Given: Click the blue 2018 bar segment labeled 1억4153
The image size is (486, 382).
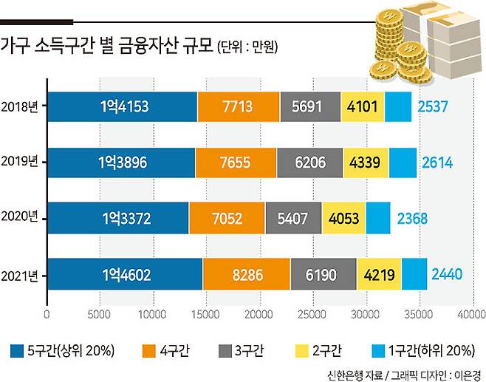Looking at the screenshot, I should pyautogui.click(x=123, y=107).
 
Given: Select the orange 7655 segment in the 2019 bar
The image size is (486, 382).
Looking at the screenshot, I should pyautogui.click(x=236, y=163).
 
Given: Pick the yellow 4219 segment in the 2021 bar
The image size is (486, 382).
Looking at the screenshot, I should pyautogui.click(x=379, y=274).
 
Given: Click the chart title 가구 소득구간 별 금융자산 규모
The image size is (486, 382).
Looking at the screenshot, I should pyautogui.click(x=108, y=49).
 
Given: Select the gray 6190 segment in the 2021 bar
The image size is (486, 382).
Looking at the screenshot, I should pyautogui.click(x=323, y=274).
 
